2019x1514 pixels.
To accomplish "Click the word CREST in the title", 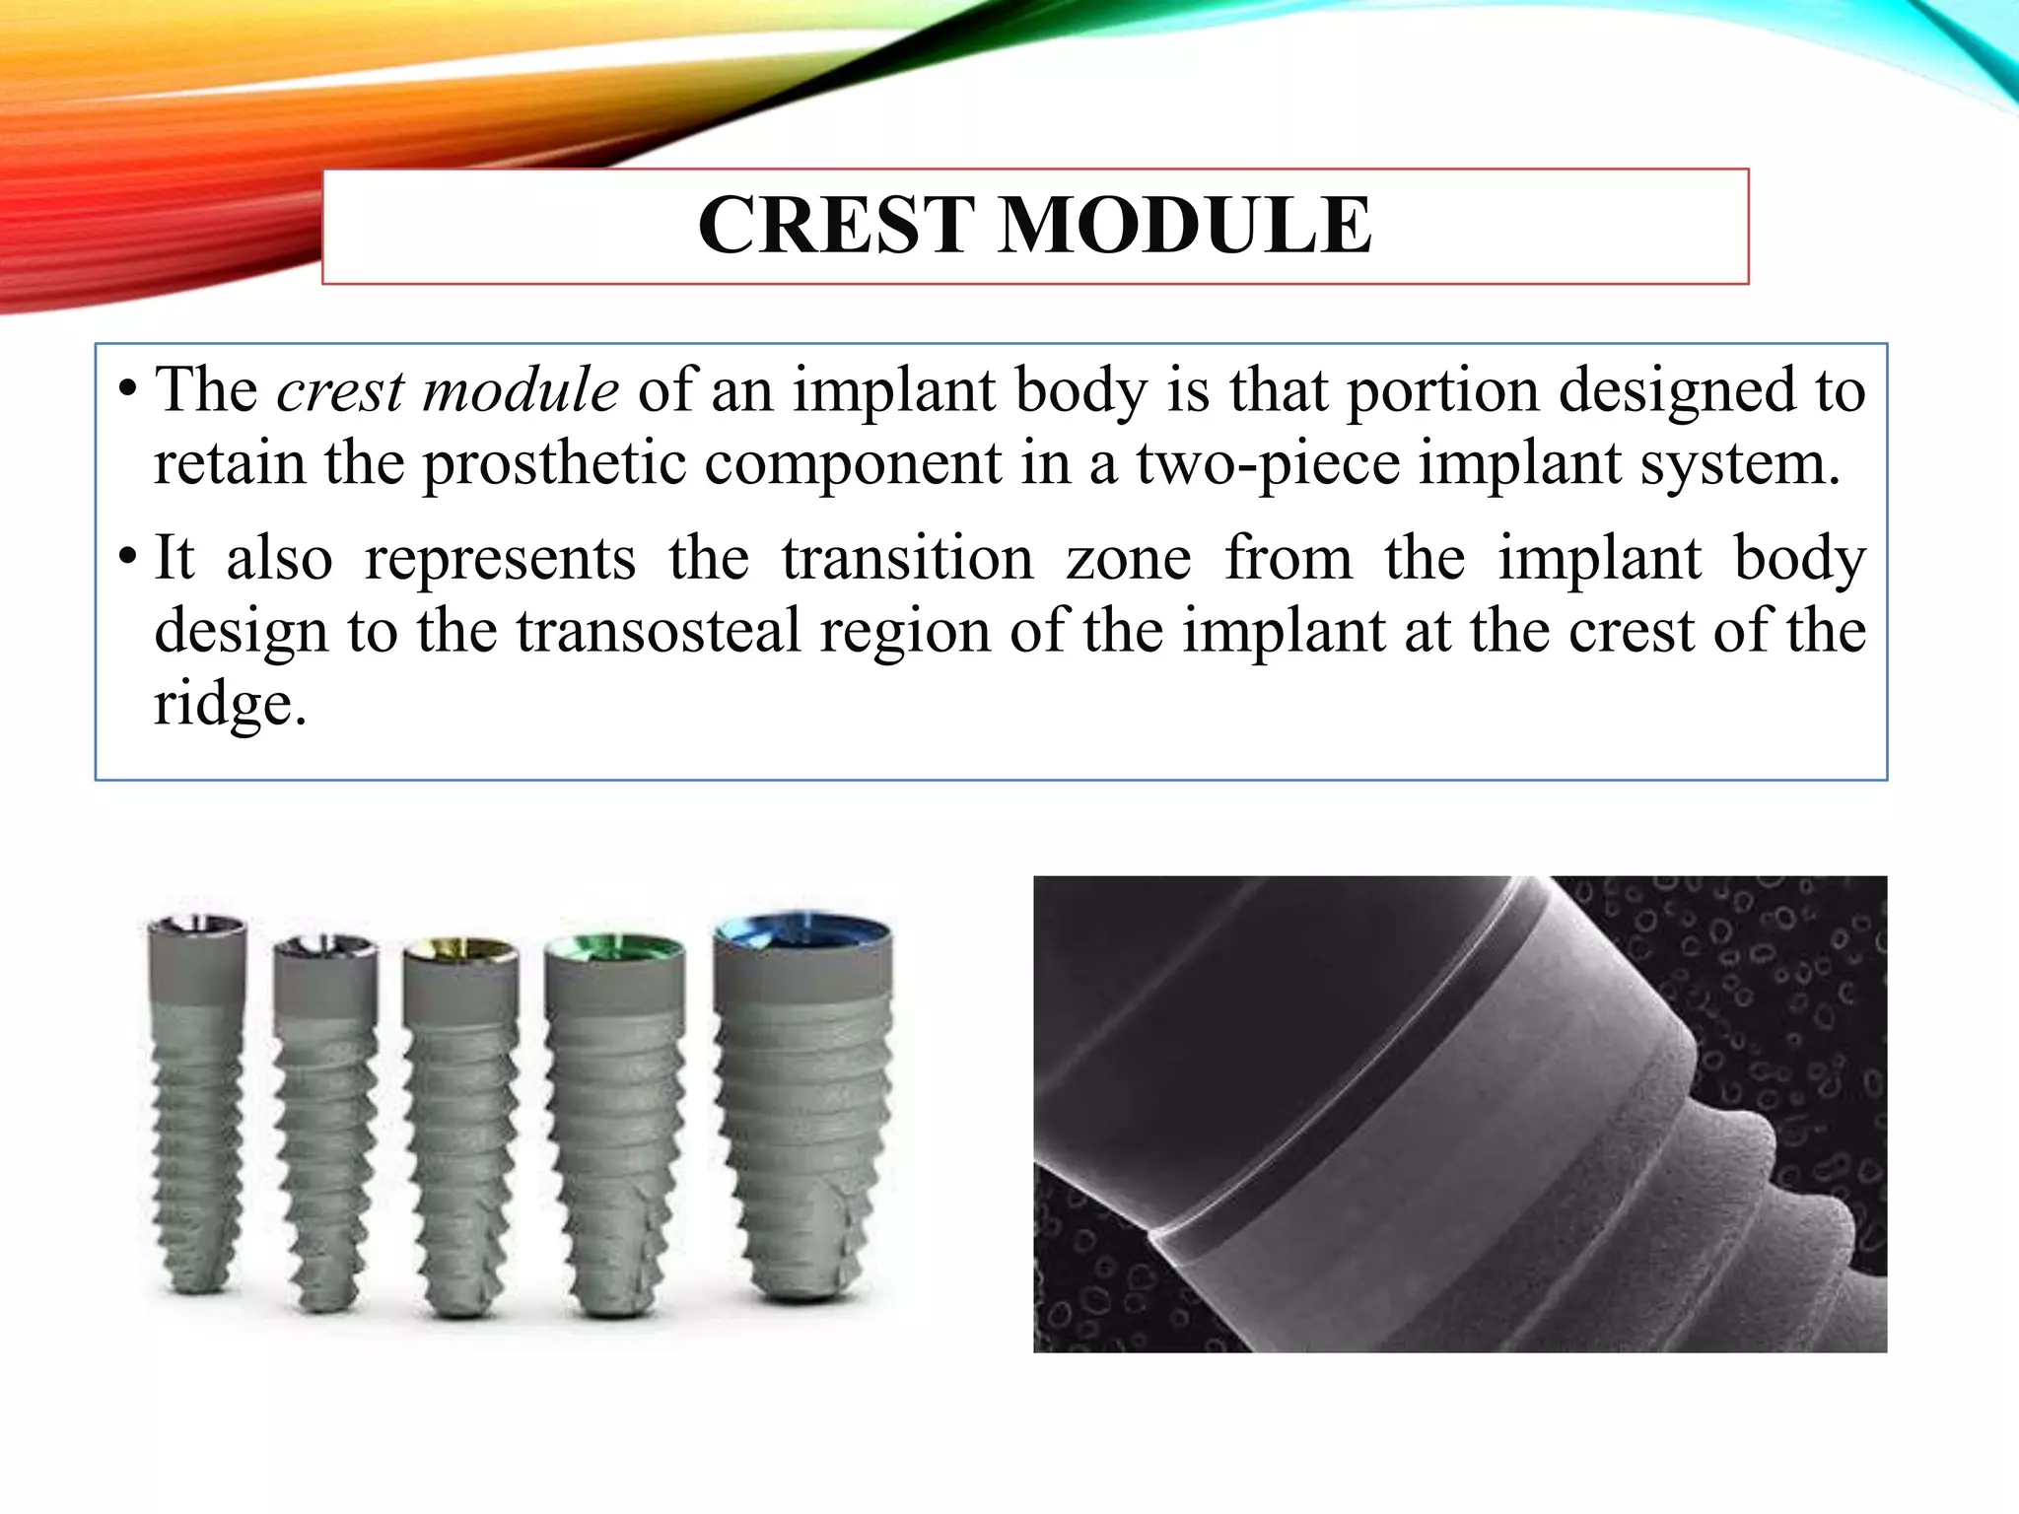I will point(836,226).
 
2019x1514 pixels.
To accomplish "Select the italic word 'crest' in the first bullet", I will point(340,390).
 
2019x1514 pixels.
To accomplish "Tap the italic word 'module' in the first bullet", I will point(520,390).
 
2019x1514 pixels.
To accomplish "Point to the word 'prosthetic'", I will point(554,463).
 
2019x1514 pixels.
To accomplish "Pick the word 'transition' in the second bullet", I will point(907,559).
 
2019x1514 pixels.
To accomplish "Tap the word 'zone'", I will point(1128,559).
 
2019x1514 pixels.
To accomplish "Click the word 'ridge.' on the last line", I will point(230,704).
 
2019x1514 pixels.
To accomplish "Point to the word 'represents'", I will point(500,559).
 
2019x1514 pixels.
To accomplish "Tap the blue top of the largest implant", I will point(802,929).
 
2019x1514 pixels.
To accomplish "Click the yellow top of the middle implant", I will point(460,951).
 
